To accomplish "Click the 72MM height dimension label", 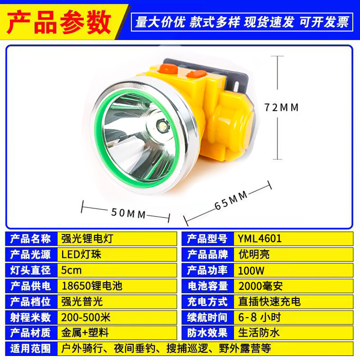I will tap(282, 108).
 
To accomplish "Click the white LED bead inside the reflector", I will tap(161, 127).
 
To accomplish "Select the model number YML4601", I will tap(260, 238).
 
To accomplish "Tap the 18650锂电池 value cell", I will tap(91, 286).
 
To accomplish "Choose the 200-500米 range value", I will tap(85, 317).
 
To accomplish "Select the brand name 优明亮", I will tap(254, 254).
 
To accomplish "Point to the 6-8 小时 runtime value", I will tap(260, 317).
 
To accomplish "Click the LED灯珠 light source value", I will tap(81, 254).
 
